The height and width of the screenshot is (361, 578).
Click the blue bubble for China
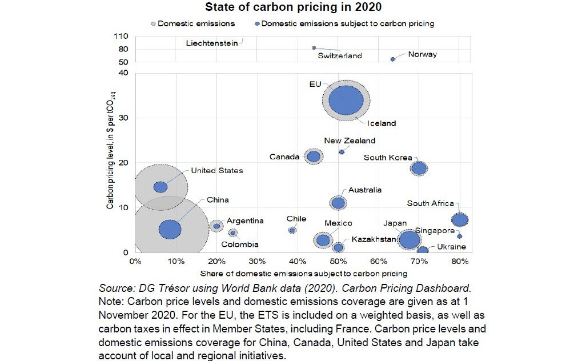click(170, 229)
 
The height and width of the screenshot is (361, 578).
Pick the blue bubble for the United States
click(160, 187)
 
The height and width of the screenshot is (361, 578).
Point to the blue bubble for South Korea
click(419, 168)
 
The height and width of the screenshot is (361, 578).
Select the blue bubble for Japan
click(410, 239)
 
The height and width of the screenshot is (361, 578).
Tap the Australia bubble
click(338, 202)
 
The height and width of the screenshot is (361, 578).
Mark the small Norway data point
click(392, 59)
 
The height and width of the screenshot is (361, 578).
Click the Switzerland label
click(340, 56)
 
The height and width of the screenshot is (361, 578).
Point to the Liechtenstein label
click(212, 43)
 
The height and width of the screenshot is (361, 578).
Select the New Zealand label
click(350, 141)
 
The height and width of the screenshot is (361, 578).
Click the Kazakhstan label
click(374, 239)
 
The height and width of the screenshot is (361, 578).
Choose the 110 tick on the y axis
click(121, 35)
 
